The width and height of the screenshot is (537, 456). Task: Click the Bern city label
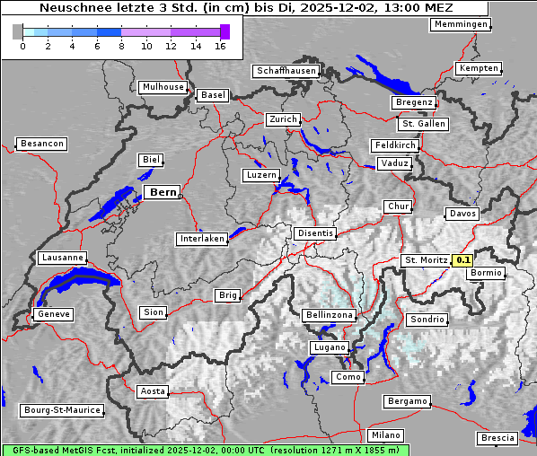click(x=162, y=192)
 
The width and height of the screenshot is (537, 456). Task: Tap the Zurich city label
click(x=282, y=119)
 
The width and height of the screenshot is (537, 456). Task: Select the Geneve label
click(x=53, y=314)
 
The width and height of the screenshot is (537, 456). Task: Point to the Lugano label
click(x=329, y=347)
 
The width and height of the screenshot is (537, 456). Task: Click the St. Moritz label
click(x=426, y=260)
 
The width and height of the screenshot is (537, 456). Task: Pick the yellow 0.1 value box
click(x=462, y=260)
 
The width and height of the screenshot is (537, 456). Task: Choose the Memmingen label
click(x=461, y=24)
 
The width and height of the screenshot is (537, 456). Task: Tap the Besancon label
click(x=42, y=144)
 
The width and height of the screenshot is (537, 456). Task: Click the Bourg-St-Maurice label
click(x=62, y=410)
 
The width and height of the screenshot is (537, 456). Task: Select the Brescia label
click(x=497, y=438)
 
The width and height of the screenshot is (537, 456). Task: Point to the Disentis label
click(x=314, y=233)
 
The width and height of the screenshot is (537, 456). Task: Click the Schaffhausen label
click(x=286, y=70)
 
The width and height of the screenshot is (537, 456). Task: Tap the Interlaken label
click(x=201, y=239)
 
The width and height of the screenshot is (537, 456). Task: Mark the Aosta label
click(x=152, y=391)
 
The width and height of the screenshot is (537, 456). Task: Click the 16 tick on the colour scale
click(x=220, y=46)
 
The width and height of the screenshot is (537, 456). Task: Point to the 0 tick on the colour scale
click(x=22, y=46)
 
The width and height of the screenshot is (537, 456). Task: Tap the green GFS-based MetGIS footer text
click(x=205, y=450)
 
